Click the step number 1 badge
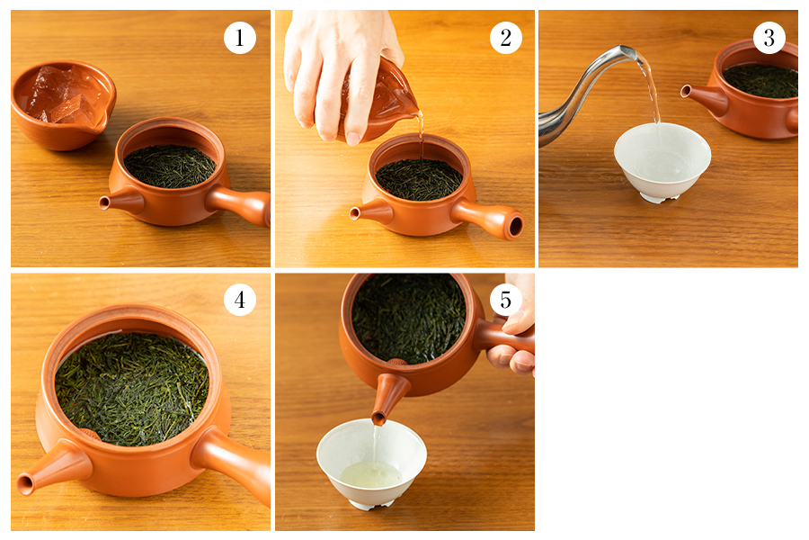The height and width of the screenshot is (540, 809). pos(240,38)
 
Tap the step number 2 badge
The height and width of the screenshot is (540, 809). pos(505,38)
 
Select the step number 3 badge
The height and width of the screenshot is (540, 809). pos(769,38)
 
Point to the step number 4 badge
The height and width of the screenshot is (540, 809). pos(240,299)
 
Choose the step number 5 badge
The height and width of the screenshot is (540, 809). pos(505,299)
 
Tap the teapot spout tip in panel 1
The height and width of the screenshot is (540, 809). pos(104,203)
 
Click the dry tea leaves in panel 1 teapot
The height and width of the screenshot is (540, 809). pos(170,166)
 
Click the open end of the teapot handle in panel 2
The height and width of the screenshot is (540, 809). pos(515,226)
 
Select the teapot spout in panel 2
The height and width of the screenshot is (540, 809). pos(370,211)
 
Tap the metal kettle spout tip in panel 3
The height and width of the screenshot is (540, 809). pos(629,50)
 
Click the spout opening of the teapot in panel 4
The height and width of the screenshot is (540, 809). pos(25,484)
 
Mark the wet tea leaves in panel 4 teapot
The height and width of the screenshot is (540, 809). pos(132,389)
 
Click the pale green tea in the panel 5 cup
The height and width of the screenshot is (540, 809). pos(370,474)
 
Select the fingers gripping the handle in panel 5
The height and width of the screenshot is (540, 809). pos(513,341)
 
